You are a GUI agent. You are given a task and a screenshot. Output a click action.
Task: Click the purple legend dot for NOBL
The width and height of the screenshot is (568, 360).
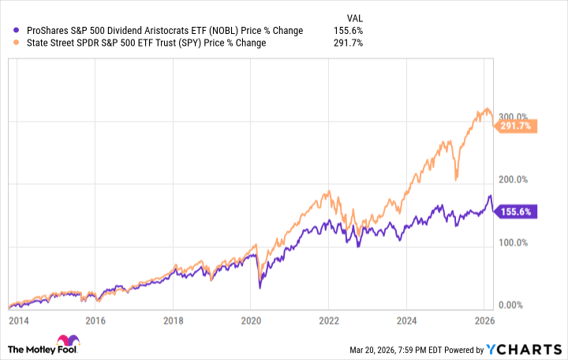pyautogui.click(x=9, y=30)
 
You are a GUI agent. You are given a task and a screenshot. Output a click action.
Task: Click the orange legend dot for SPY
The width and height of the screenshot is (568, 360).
pyautogui.click(x=9, y=43)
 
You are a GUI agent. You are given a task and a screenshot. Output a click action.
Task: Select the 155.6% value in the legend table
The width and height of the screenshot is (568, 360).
pyautogui.click(x=348, y=30)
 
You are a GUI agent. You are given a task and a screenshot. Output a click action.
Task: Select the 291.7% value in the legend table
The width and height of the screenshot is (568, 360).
pyautogui.click(x=348, y=43)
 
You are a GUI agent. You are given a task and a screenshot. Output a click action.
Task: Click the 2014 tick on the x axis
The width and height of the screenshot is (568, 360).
pyautogui.click(x=18, y=321)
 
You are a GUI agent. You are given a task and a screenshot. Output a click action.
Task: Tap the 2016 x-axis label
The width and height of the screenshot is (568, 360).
pyautogui.click(x=95, y=321)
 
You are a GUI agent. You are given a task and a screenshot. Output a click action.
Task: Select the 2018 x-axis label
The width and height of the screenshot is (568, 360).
pyautogui.click(x=174, y=321)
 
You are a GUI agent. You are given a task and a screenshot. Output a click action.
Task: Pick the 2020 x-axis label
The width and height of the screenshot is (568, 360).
pyautogui.click(x=251, y=321)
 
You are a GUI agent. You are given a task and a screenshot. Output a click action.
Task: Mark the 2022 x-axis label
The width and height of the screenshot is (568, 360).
pyautogui.click(x=329, y=321)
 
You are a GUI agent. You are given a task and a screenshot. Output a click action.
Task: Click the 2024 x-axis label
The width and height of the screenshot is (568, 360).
pyautogui.click(x=406, y=321)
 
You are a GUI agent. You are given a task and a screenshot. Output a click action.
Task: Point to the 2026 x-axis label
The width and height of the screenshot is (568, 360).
pyautogui.click(x=484, y=321)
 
